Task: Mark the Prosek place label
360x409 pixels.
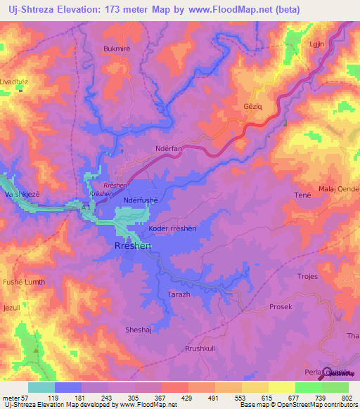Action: pyautogui.click(x=281, y=307)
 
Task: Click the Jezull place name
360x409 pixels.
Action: pyautogui.click(x=12, y=308)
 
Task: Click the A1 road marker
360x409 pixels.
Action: pyautogui.click(x=85, y=208)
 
